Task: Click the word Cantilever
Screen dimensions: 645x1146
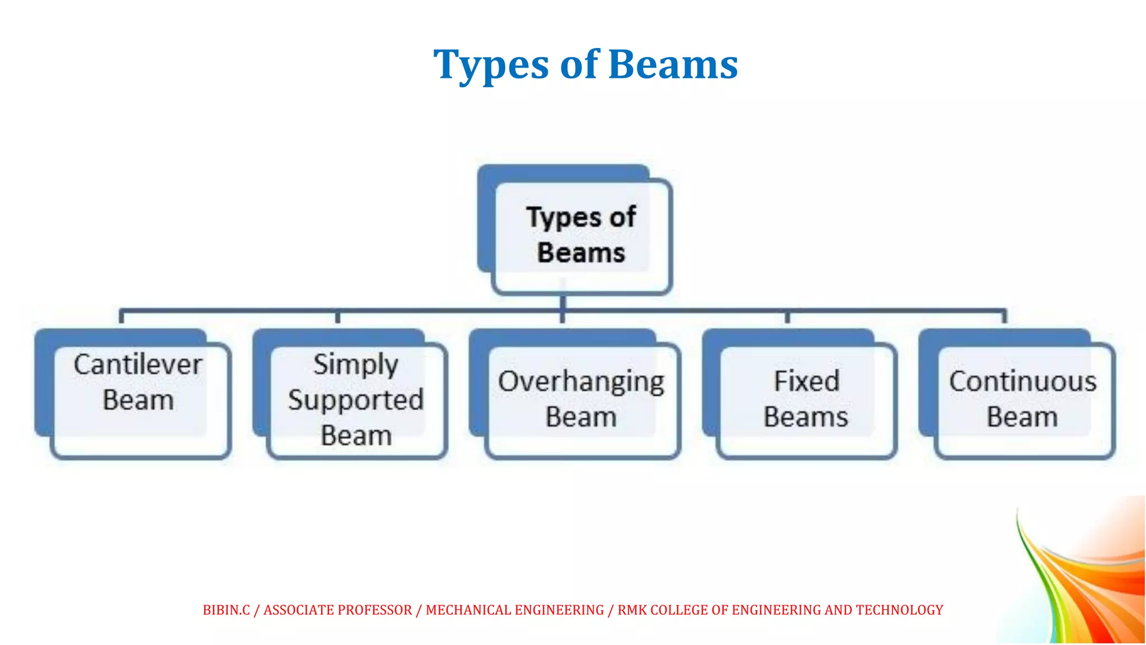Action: point(138,365)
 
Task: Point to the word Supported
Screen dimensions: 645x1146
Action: point(356,400)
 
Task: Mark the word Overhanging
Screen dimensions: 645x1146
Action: point(581,382)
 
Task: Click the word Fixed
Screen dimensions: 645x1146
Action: point(806,381)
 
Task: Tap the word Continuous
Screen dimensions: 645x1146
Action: point(1022,382)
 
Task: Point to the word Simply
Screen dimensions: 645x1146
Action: point(356,366)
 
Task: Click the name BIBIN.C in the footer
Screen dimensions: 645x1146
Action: point(226,610)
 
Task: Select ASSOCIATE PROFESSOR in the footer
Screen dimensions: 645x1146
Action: point(337,610)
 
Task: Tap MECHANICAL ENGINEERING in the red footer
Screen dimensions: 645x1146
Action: point(515,610)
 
